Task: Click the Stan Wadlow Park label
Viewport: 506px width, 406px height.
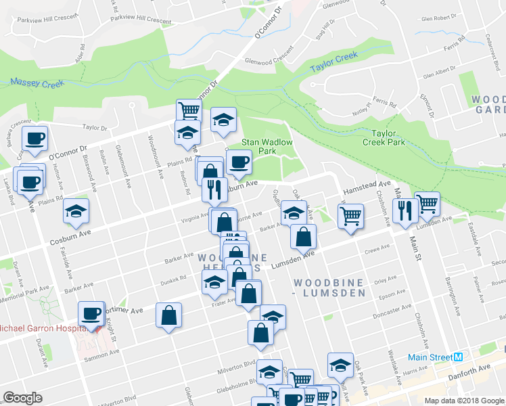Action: pos(267,147)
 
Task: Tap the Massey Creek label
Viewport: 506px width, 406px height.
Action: pos(37,83)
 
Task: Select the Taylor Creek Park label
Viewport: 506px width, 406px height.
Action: pos(383,138)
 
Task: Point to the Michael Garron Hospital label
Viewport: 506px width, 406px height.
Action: pos(41,328)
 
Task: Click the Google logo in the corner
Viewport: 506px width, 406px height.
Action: pos(22,398)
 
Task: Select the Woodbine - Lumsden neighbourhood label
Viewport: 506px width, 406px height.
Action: pos(329,287)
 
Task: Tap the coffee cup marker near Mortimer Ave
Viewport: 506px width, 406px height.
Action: pos(91,313)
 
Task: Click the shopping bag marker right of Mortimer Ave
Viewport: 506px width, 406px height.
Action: pos(168,315)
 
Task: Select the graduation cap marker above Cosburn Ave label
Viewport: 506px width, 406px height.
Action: pos(76,210)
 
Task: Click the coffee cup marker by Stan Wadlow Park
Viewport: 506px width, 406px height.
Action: pos(239,162)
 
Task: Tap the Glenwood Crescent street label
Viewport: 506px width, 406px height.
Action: pos(269,55)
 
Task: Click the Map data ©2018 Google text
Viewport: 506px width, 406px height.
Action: pos(463,400)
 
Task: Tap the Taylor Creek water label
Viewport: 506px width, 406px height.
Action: pos(333,64)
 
